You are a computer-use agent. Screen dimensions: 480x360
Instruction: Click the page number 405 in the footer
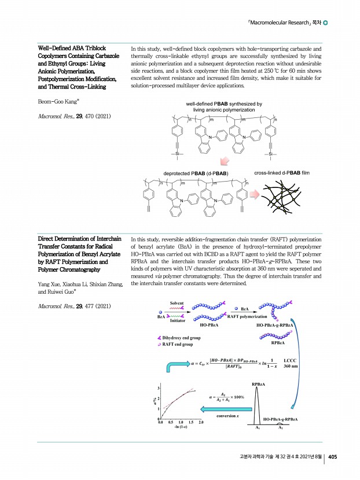point(333,456)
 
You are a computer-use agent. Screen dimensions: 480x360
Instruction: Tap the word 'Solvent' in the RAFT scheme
point(177,302)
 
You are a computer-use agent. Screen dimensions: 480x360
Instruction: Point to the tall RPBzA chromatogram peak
point(259,405)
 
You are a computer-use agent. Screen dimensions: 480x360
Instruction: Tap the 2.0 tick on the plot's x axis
point(201,423)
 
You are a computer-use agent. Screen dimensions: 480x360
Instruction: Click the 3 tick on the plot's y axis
point(159,386)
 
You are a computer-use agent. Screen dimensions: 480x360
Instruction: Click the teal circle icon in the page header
point(326,23)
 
